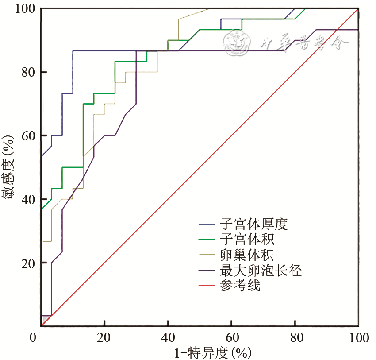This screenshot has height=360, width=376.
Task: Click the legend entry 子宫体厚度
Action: click(x=253, y=224)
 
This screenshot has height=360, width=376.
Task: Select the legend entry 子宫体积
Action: click(x=246, y=240)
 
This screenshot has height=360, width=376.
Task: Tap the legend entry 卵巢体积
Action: click(x=246, y=255)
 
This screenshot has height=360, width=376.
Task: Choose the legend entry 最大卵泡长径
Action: click(x=260, y=270)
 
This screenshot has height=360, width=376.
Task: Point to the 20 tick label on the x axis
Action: click(x=104, y=339)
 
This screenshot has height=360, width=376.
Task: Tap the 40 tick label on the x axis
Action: click(x=168, y=339)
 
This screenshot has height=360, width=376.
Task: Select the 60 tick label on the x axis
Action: click(x=232, y=339)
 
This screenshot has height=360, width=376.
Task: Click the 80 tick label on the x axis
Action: click(x=295, y=339)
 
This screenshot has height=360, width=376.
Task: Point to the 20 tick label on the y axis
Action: click(x=27, y=263)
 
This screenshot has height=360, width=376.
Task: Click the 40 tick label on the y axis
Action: click(x=27, y=199)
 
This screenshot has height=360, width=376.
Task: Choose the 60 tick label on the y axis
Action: click(x=27, y=135)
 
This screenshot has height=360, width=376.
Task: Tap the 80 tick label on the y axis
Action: click(x=27, y=72)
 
